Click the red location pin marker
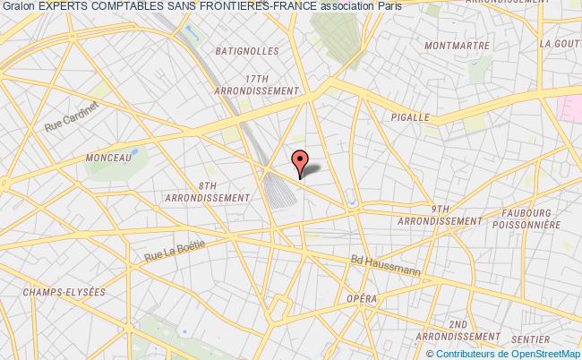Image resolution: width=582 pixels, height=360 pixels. coord(301,160)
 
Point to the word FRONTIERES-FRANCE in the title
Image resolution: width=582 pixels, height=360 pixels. coord(247,7)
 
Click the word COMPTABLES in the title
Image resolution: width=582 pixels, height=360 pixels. coord(121,7)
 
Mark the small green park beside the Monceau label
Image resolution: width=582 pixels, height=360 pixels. coord(134,152)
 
